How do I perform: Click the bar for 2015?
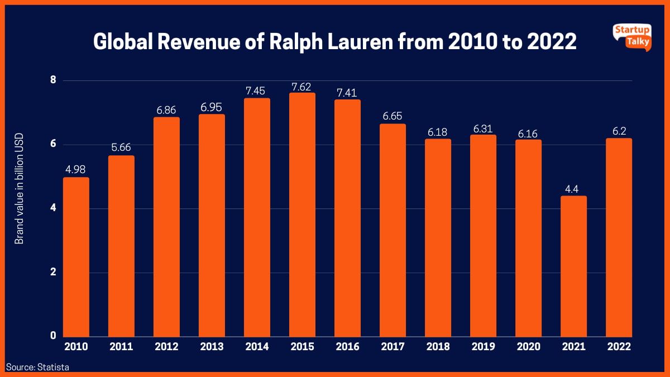(302, 215)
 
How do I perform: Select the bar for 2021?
(573, 266)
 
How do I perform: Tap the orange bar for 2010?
(76, 257)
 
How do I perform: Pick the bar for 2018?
(438, 238)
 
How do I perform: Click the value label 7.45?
(257, 90)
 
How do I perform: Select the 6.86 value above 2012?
(166, 110)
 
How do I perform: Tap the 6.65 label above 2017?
(393, 116)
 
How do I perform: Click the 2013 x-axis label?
(212, 347)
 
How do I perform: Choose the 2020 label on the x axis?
(528, 347)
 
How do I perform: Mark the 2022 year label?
(619, 347)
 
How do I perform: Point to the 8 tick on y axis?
(54, 80)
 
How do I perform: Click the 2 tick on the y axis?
(54, 273)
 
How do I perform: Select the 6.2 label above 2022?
(619, 131)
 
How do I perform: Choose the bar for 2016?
(347, 218)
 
